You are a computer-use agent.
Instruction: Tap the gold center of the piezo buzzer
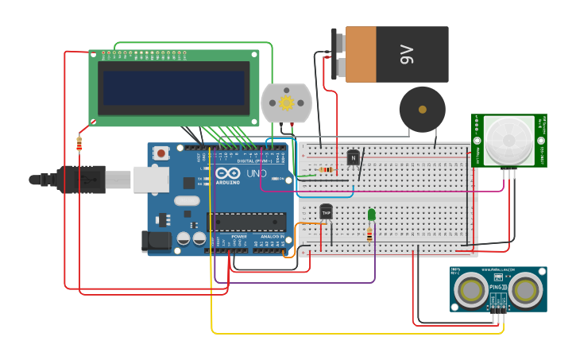point(422,109)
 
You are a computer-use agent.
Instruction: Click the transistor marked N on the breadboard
point(353,157)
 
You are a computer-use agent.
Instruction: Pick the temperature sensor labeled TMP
point(326,212)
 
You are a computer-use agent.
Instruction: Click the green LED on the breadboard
point(371,215)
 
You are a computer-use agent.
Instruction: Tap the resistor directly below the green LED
point(369,234)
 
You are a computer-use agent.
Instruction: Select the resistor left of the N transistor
point(325,169)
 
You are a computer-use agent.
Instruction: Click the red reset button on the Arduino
point(161,153)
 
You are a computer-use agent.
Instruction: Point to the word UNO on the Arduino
point(256,173)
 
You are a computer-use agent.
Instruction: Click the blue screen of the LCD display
point(173,87)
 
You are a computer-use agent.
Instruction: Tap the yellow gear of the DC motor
point(286,103)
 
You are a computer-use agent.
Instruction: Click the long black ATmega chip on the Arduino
point(245,222)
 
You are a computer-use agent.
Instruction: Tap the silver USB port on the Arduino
point(150,180)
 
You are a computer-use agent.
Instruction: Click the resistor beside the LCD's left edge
point(79,144)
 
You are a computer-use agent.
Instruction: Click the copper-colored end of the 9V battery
point(361,54)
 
